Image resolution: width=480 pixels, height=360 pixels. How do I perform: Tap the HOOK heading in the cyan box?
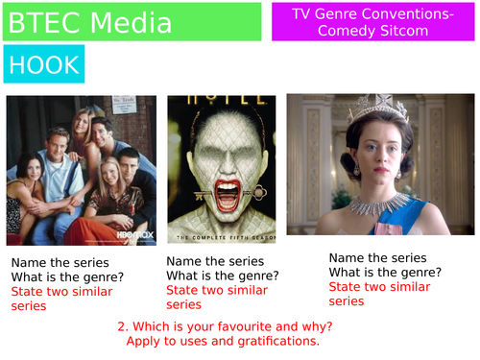43,64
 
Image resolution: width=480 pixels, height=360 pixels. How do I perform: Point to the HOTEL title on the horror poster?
220,101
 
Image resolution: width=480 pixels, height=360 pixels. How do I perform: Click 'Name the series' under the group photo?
60,262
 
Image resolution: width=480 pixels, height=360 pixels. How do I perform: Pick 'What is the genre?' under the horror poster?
222,276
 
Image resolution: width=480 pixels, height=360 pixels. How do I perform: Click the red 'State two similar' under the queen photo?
379,286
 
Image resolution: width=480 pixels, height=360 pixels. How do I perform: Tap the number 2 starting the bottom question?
122,325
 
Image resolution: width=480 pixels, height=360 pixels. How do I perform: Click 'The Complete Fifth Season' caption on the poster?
222,236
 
